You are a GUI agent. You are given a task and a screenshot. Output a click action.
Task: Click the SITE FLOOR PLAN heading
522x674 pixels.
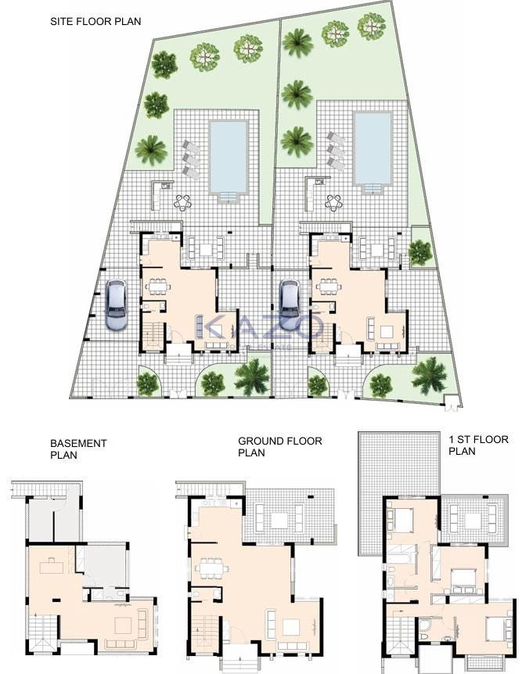[x=95, y=21]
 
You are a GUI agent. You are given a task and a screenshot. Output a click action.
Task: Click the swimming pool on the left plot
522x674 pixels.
[x=229, y=154]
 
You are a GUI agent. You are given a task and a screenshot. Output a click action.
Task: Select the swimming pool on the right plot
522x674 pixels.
[x=373, y=147]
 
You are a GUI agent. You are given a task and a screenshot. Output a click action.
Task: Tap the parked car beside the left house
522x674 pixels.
[x=117, y=305]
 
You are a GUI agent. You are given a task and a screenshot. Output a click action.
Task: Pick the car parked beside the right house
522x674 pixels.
[x=290, y=305]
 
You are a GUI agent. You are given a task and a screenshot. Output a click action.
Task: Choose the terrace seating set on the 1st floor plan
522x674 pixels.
[x=471, y=517]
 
